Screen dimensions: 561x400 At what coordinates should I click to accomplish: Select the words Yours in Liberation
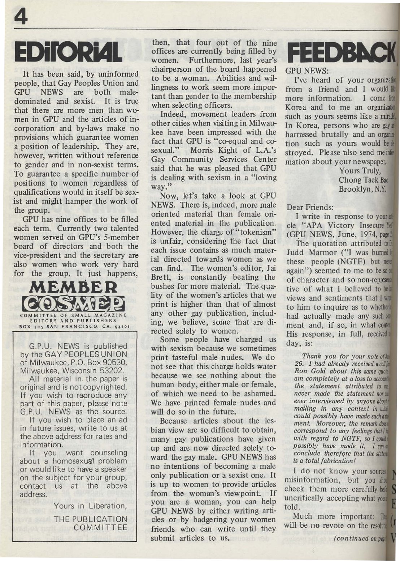point(90,506)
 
